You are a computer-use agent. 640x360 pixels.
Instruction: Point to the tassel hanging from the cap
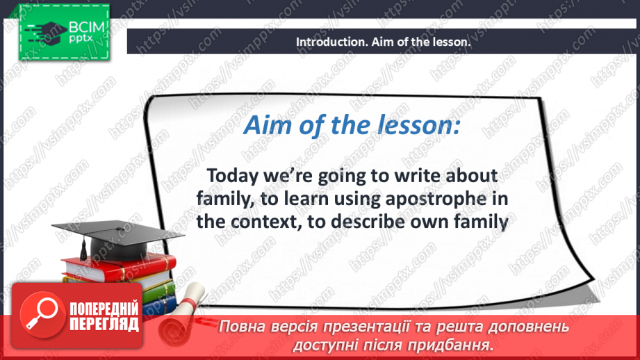tap(83, 249)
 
